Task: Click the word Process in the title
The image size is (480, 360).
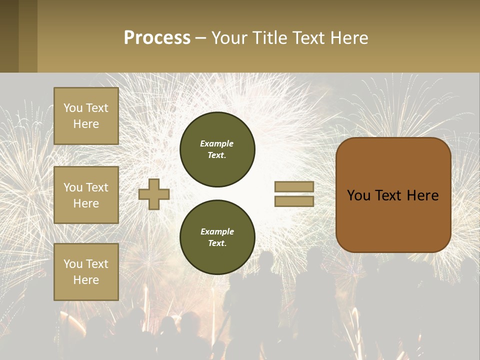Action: click(x=157, y=38)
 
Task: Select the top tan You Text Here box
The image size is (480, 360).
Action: click(x=86, y=116)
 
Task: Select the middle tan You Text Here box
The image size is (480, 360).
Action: click(x=86, y=195)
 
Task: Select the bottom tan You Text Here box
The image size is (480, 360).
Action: click(x=86, y=272)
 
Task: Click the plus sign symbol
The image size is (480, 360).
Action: click(x=154, y=194)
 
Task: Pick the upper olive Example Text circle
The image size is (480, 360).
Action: click(x=217, y=149)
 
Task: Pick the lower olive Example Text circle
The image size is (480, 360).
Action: click(x=217, y=237)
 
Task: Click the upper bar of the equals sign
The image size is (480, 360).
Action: click(x=294, y=187)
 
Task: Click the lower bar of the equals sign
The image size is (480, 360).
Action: click(x=294, y=201)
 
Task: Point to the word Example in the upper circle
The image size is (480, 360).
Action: click(x=217, y=143)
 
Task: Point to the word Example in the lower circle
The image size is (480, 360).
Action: click(x=217, y=231)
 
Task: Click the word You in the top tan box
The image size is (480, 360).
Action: click(x=72, y=108)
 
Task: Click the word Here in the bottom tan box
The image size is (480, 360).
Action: click(x=86, y=280)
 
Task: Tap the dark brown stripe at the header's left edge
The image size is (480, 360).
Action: click(x=9, y=36)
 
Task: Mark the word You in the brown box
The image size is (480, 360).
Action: click(x=358, y=195)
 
